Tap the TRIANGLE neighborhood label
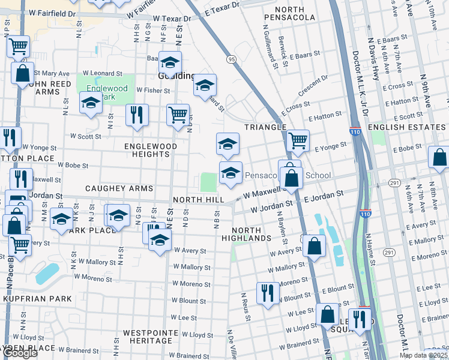[265, 127]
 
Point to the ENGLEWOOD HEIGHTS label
[151, 150]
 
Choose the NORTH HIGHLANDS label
[246, 234]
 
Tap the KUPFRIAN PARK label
[37, 298]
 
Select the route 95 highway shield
[231, 59]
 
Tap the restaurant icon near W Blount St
[268, 293]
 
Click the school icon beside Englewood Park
[91, 103]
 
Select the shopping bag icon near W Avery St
[314, 245]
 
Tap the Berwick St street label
[283, 48]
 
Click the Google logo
[20, 353]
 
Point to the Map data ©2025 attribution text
[424, 355]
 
